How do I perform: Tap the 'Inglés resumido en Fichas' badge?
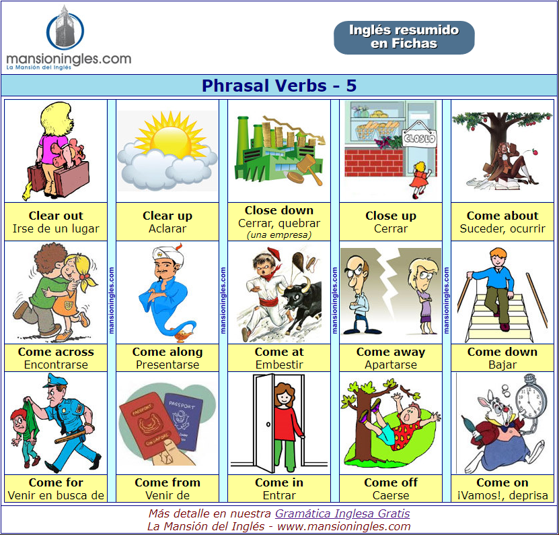[x=404, y=38]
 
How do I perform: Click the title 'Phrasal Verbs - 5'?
[x=279, y=86]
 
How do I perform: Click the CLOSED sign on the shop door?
[x=419, y=137]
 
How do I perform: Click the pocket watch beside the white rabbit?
[x=531, y=396]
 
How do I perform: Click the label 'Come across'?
[x=56, y=352]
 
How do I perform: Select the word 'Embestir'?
[x=279, y=365]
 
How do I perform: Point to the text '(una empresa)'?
[x=279, y=235]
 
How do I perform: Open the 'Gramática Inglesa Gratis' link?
[x=342, y=513]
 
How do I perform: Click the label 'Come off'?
[x=391, y=482]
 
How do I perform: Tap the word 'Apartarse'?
[x=391, y=365]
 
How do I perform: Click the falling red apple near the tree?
[x=535, y=152]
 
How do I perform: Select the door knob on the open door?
[x=268, y=424]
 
